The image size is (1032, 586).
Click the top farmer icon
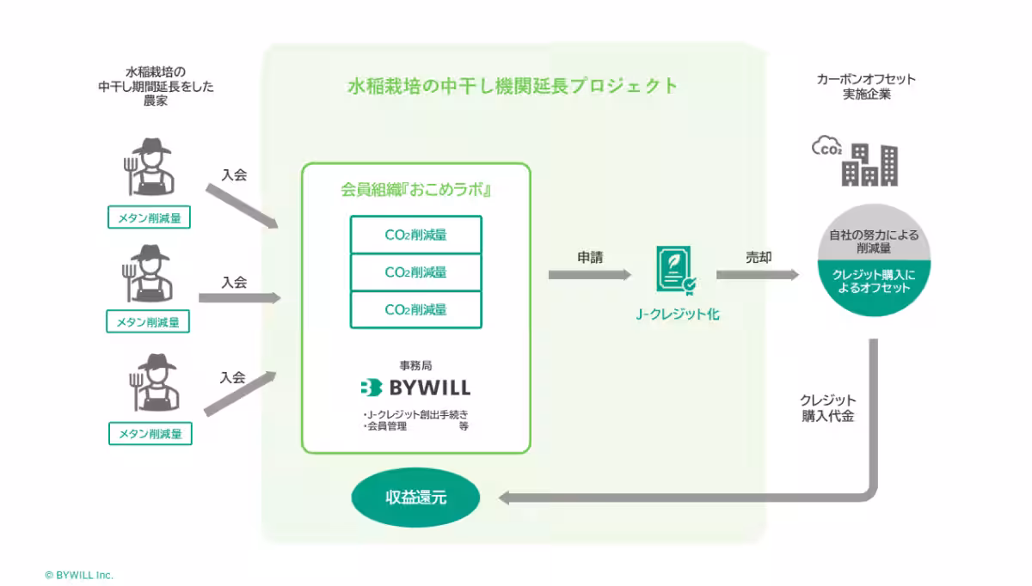[150, 168]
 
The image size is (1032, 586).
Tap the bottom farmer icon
[150, 383]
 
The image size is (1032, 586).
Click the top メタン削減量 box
[150, 218]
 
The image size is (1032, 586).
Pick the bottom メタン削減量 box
[150, 434]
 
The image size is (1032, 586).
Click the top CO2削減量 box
[415, 235]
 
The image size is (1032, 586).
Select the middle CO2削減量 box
[415, 272]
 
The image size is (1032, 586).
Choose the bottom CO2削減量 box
[415, 309]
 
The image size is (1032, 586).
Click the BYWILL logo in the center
[415, 388]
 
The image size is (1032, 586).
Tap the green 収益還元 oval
[415, 497]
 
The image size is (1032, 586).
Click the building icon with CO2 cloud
[856, 162]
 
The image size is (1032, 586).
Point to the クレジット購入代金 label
[827, 408]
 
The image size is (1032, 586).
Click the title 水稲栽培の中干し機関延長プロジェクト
[512, 86]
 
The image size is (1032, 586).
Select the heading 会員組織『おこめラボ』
[415, 190]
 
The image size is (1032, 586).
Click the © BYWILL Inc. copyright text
[79, 575]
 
